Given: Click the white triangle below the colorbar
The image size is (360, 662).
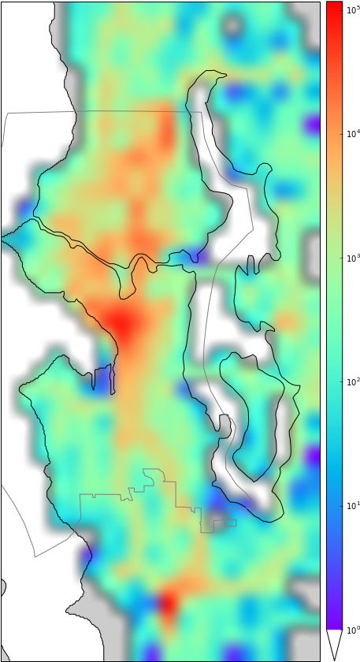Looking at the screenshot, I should click(334, 642).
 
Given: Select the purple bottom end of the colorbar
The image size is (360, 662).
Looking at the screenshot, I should click(334, 619).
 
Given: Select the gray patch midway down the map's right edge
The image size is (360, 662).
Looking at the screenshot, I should click(313, 252).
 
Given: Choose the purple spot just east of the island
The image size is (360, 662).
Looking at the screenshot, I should click(313, 456).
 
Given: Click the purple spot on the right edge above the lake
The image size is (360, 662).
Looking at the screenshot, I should click(313, 125).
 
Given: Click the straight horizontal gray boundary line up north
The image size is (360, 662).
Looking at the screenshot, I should click(95, 112).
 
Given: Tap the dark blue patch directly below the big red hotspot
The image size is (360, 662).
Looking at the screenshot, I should click(102, 374).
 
